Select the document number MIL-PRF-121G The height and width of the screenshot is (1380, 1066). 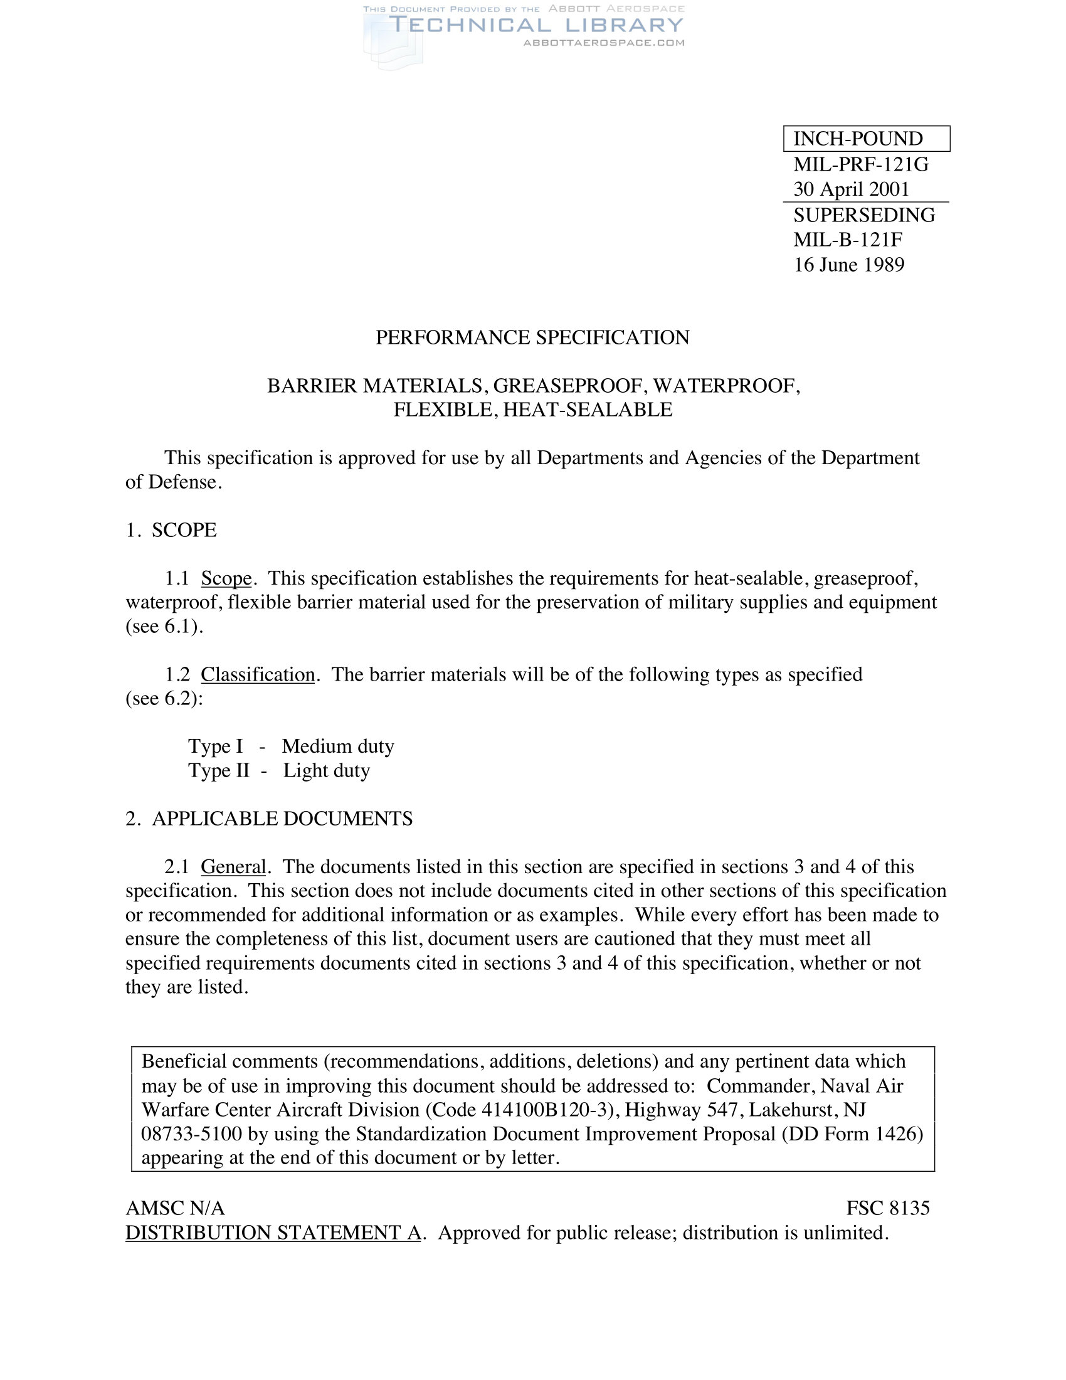861,164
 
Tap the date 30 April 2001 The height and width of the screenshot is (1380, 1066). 851,189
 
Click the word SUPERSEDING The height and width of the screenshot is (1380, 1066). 864,215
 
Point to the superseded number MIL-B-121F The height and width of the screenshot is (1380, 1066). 848,240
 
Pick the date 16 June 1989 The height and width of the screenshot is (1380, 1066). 848,265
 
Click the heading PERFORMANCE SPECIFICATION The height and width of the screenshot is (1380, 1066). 532,337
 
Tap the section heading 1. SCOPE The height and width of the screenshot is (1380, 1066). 171,530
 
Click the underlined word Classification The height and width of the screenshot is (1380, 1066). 258,675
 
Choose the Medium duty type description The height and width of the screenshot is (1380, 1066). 338,746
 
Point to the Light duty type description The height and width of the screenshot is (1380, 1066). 326,771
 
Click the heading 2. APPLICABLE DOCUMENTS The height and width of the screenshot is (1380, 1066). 269,819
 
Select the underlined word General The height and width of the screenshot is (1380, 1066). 233,867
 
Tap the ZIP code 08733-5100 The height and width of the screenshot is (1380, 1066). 191,1133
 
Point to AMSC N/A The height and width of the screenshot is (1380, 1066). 175,1208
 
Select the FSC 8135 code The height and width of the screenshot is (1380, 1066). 887,1208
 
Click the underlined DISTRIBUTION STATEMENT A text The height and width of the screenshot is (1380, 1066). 273,1233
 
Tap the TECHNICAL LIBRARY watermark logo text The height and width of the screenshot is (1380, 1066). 536,25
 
